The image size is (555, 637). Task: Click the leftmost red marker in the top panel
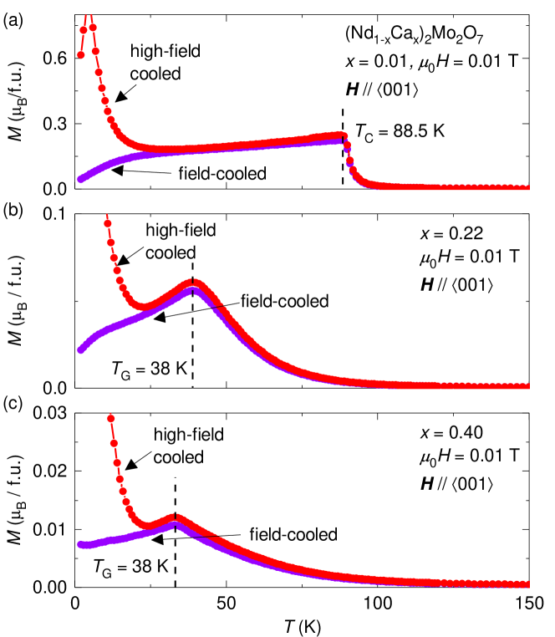click(x=81, y=55)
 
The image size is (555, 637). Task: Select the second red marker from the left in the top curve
click(x=84, y=30)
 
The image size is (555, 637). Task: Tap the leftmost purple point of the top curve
click(x=80, y=179)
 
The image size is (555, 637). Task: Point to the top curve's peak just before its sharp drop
click(x=340, y=135)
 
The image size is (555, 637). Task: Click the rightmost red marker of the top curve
click(x=527, y=187)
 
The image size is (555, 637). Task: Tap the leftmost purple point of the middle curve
click(x=80, y=350)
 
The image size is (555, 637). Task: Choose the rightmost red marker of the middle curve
click(x=527, y=385)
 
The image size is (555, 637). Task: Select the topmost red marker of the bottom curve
click(x=111, y=418)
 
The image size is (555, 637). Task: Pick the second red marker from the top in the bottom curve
click(x=114, y=442)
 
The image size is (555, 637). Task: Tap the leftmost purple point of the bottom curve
click(x=80, y=544)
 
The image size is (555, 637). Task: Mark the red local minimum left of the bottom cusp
click(x=149, y=526)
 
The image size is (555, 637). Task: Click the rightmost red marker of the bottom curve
click(x=527, y=583)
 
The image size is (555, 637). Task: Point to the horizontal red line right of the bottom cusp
click(x=205, y=534)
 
